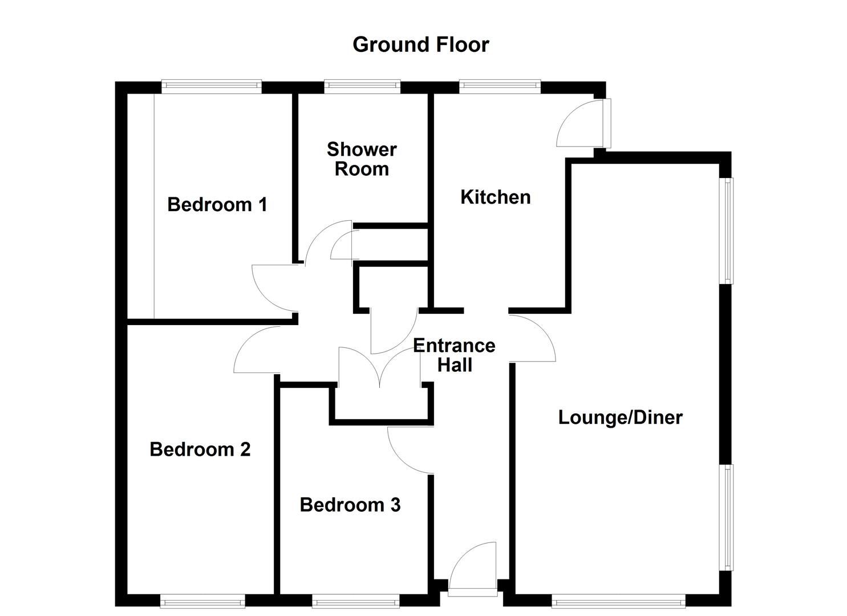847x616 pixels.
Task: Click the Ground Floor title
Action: click(x=420, y=44)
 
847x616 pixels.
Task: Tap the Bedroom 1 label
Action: click(x=217, y=204)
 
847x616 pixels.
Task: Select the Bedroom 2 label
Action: click(x=200, y=449)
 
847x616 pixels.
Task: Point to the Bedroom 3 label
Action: click(x=350, y=505)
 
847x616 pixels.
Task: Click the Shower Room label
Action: click(x=362, y=159)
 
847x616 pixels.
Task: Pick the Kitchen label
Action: click(x=495, y=197)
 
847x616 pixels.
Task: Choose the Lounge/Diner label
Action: click(x=620, y=418)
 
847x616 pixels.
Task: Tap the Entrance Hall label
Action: click(x=454, y=355)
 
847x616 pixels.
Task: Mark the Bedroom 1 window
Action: click(x=211, y=87)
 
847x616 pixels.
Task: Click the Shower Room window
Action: click(x=362, y=87)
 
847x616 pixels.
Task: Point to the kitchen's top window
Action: click(x=500, y=87)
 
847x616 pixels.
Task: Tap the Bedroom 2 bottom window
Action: click(x=202, y=601)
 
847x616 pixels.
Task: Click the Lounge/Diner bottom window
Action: click(x=618, y=601)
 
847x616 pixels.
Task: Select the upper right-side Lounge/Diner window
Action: click(x=728, y=230)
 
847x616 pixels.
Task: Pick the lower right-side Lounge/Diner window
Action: click(x=728, y=517)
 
